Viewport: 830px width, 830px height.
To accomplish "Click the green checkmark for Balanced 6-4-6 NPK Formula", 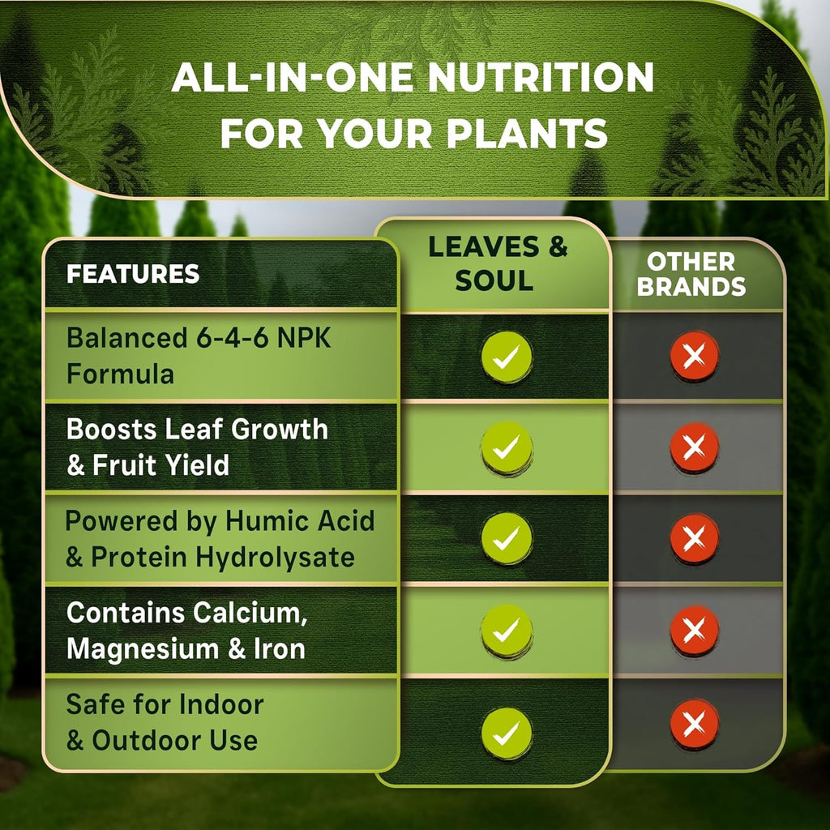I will point(507,357).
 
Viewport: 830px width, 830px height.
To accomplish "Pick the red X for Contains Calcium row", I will point(694,630).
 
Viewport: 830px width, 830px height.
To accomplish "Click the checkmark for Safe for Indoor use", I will point(507,734).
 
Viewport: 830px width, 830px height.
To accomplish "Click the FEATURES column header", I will point(133,274).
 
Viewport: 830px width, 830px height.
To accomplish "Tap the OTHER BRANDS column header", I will point(691,274).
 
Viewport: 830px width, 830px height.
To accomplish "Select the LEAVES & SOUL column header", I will point(498,264).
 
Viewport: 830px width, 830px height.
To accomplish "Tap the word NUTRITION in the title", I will point(540,78).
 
